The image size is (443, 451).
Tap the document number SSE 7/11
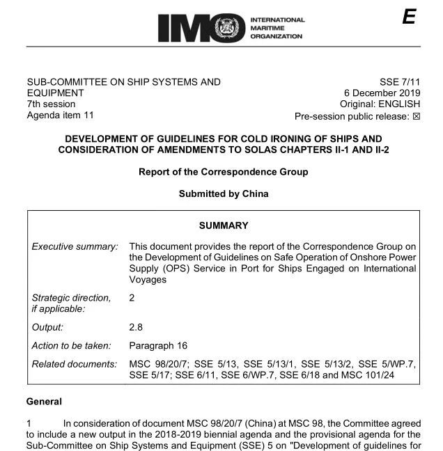400,82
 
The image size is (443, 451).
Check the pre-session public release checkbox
417,116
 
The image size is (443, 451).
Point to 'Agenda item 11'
60,116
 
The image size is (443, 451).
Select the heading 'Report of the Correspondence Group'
223,172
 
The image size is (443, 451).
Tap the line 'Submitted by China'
223,194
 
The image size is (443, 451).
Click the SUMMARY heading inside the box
223,225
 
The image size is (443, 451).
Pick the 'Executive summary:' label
75,247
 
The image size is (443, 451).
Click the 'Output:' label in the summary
47,327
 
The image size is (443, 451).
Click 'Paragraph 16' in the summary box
158,346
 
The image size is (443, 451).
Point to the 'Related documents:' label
75,365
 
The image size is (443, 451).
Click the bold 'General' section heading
44,402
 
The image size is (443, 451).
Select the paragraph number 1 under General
29,423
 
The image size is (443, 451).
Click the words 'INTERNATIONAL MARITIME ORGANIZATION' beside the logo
277,28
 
